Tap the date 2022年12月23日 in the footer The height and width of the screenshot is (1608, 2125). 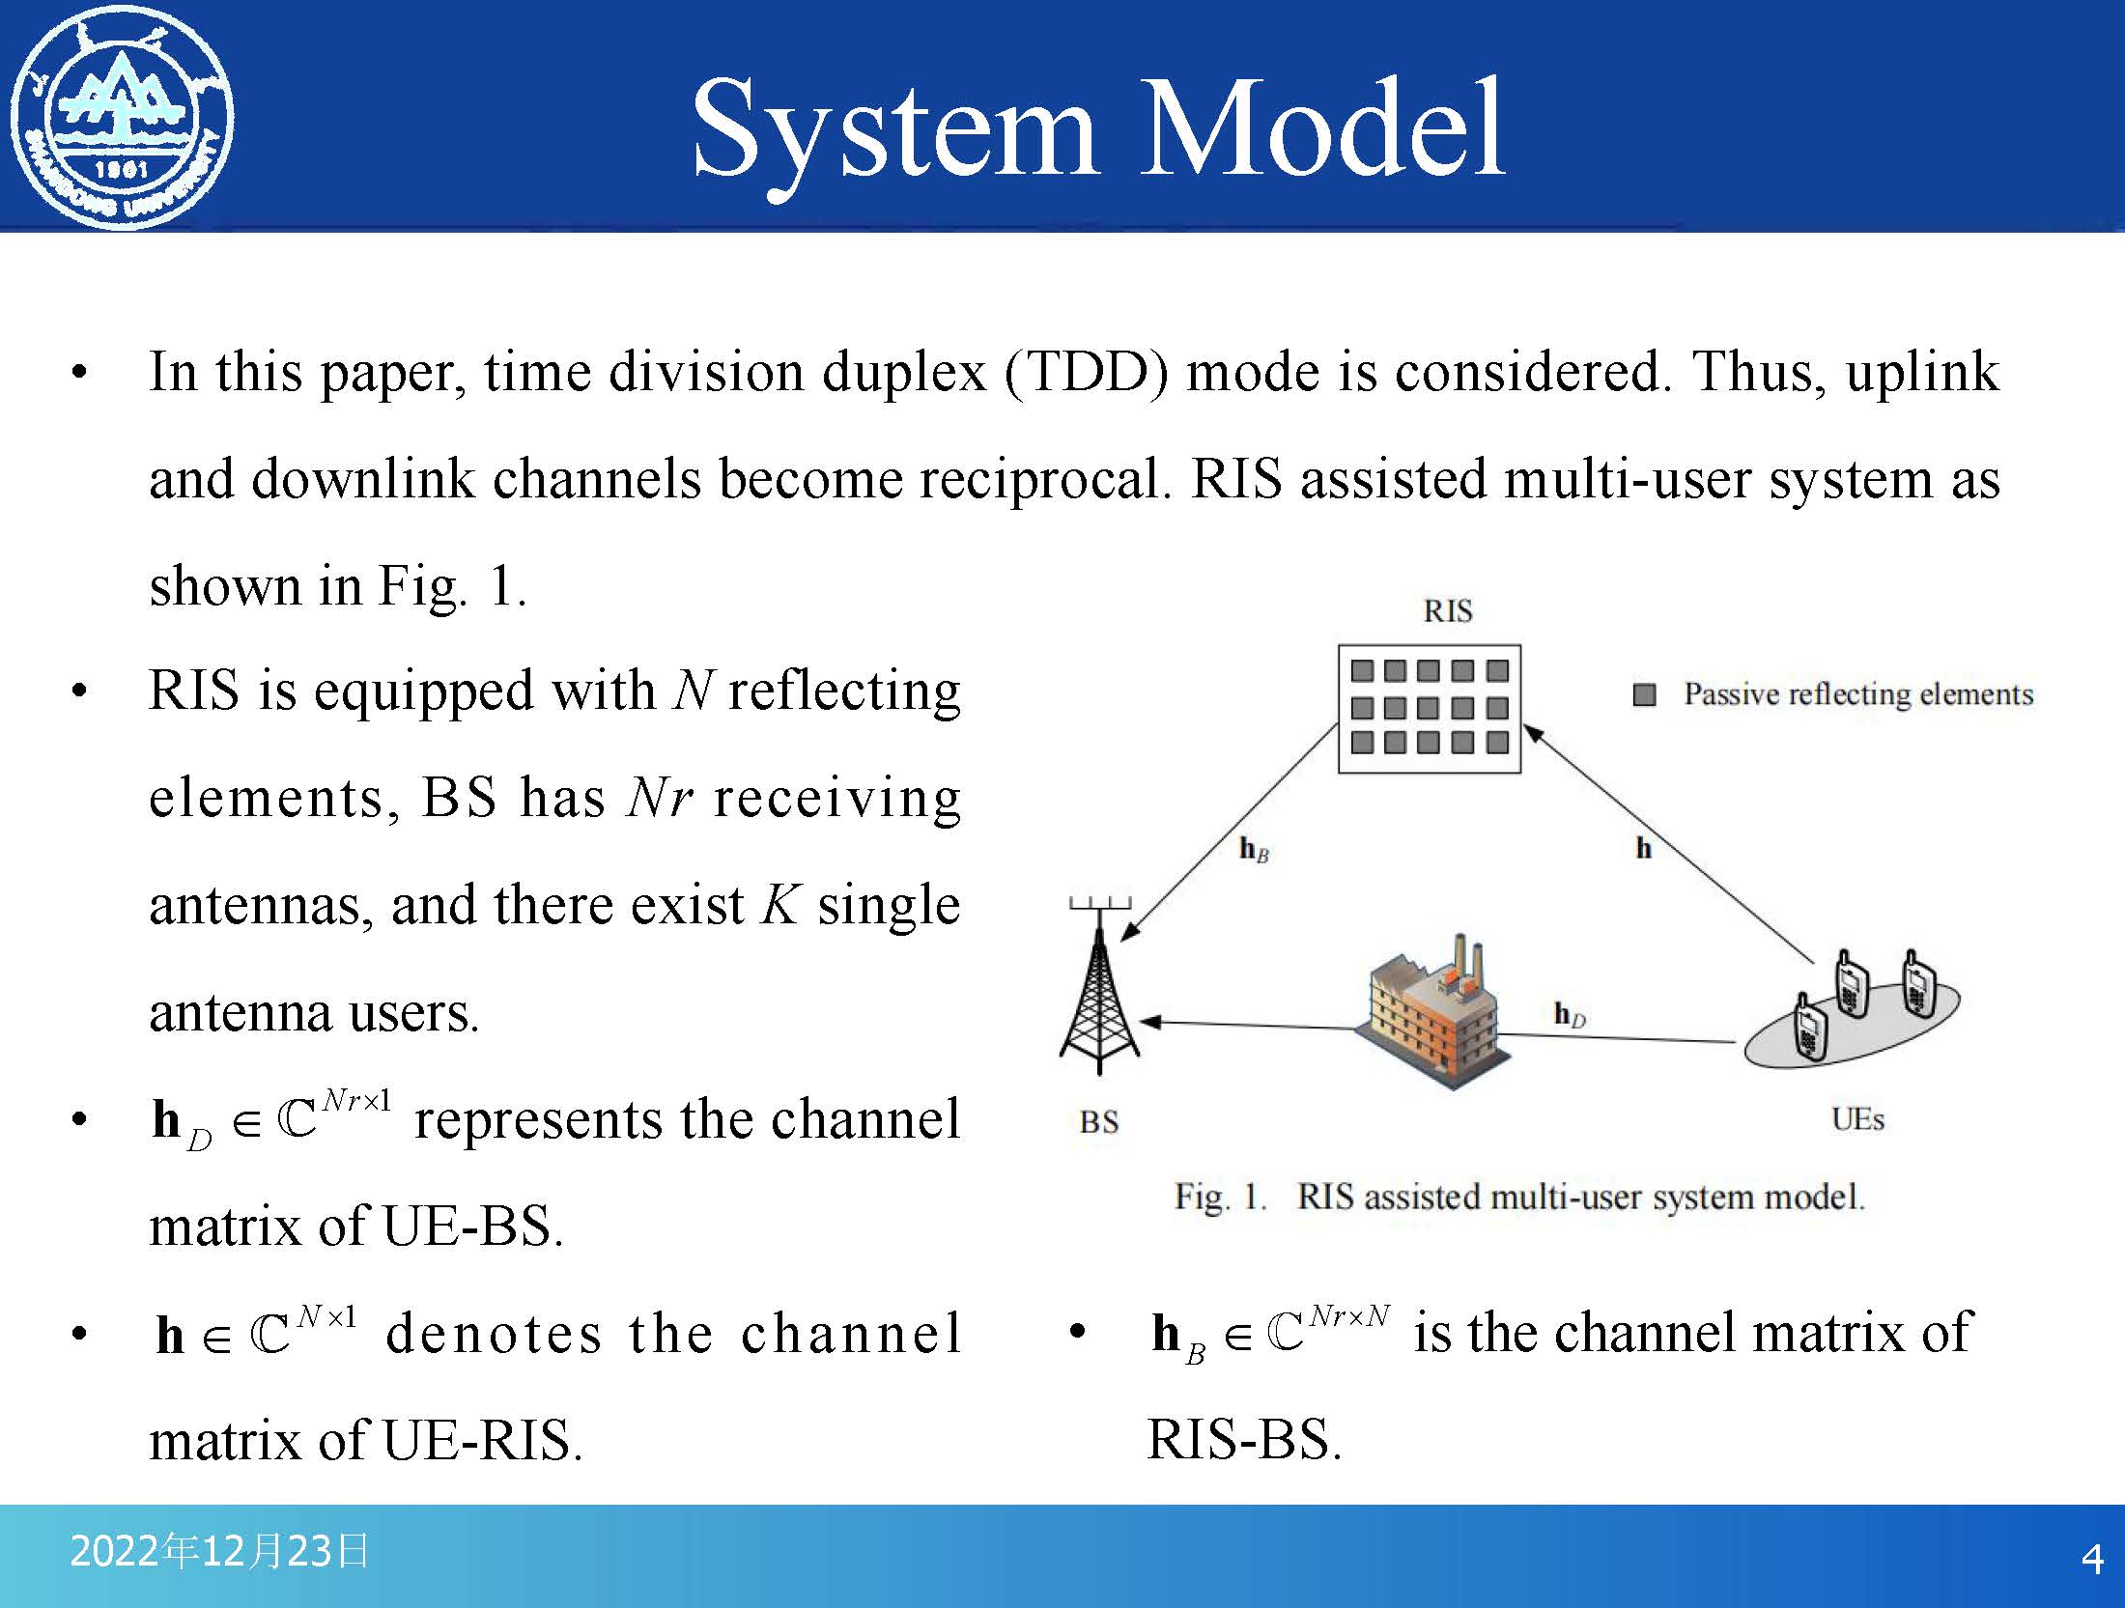(219, 1551)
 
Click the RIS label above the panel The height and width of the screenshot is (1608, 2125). (1447, 611)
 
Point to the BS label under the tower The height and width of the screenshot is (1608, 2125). (1098, 1122)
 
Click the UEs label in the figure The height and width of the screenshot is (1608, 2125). (1857, 1119)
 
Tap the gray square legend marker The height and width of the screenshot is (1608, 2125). (1644, 694)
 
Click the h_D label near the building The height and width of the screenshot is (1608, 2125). (1570, 1014)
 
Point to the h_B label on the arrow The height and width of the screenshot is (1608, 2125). (1254, 850)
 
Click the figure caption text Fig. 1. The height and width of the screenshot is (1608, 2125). (1219, 1198)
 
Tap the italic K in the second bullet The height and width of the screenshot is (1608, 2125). (779, 905)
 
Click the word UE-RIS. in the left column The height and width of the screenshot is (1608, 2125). (483, 1441)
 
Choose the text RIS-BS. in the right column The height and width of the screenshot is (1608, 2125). (1244, 1440)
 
